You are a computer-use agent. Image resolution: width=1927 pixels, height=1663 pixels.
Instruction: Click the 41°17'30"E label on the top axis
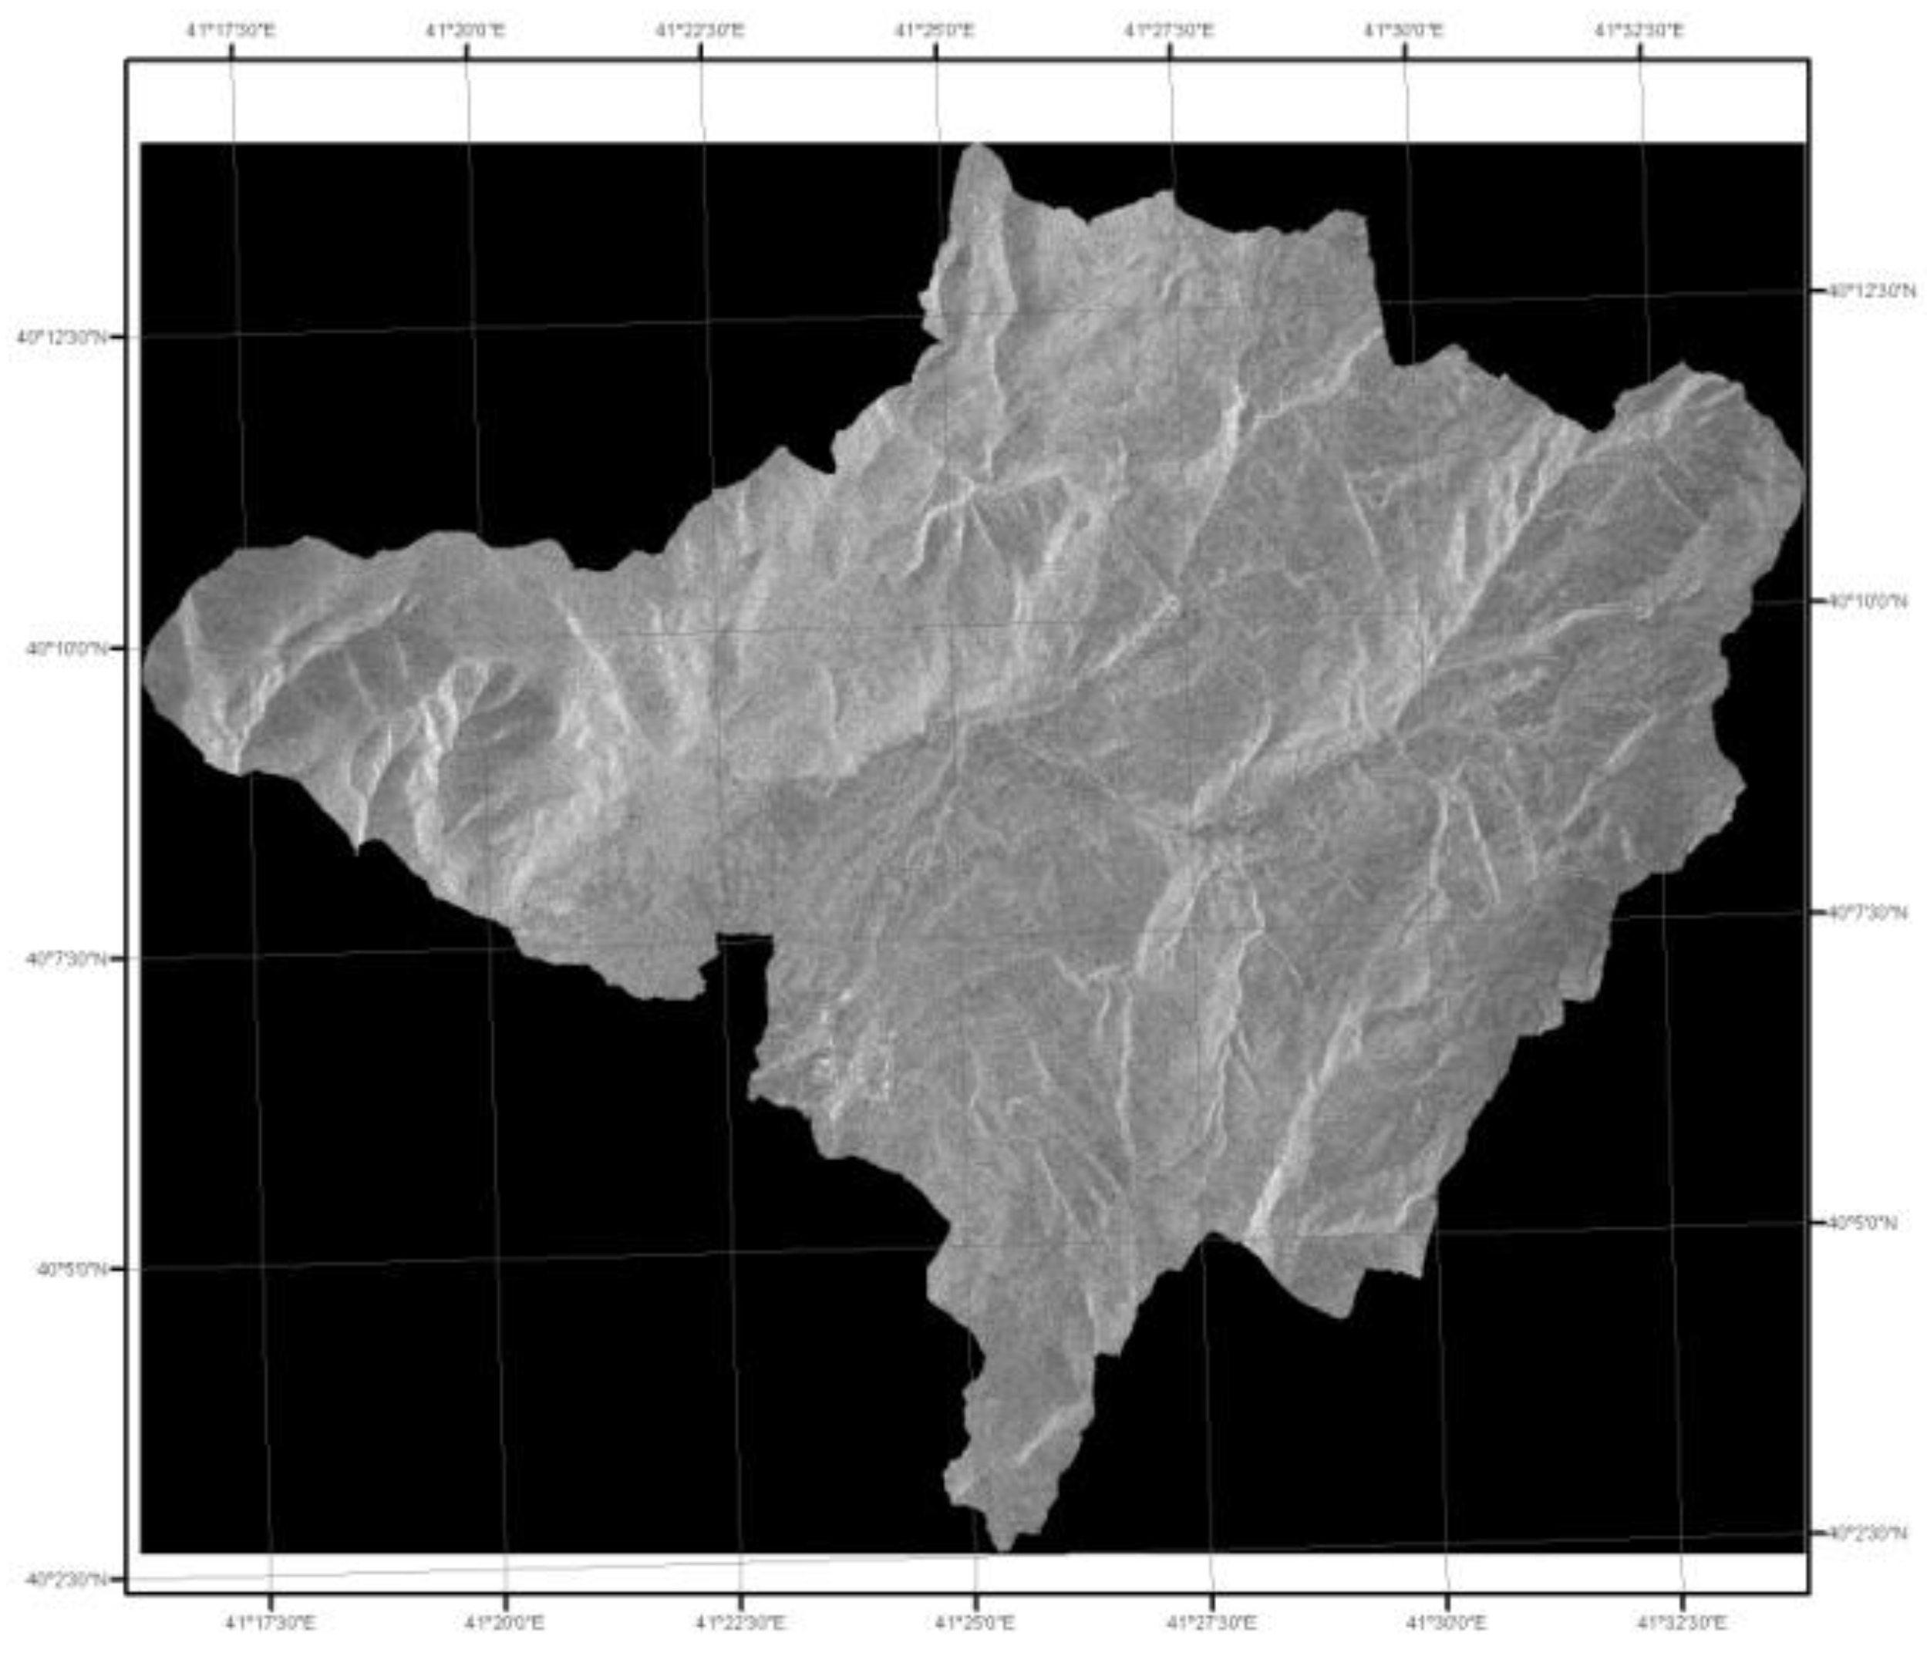pos(231,31)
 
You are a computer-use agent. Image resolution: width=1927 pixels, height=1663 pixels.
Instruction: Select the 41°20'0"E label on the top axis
pos(465,31)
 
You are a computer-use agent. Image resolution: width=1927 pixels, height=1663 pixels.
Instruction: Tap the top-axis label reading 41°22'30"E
pos(700,31)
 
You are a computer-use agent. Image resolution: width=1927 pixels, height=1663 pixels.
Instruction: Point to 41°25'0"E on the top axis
pos(935,31)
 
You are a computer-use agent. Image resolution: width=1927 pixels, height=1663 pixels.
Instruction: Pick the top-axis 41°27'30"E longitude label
pos(1169,31)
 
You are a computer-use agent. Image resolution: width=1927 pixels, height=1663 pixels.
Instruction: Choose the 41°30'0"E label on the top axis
pos(1403,31)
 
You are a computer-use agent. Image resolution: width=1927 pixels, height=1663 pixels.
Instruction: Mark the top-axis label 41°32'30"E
pos(1639,31)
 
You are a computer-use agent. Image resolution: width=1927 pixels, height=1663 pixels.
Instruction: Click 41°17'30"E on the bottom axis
pos(271,1624)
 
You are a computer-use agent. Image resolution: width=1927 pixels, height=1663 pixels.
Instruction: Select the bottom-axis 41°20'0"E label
pos(505,1624)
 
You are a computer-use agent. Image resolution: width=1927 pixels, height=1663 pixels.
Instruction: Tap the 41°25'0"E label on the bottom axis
pos(975,1624)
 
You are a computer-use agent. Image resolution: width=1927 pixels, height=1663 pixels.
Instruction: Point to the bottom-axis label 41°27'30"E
pos(1211,1624)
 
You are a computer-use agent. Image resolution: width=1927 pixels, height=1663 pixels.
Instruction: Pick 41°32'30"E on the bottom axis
pos(1680,1624)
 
